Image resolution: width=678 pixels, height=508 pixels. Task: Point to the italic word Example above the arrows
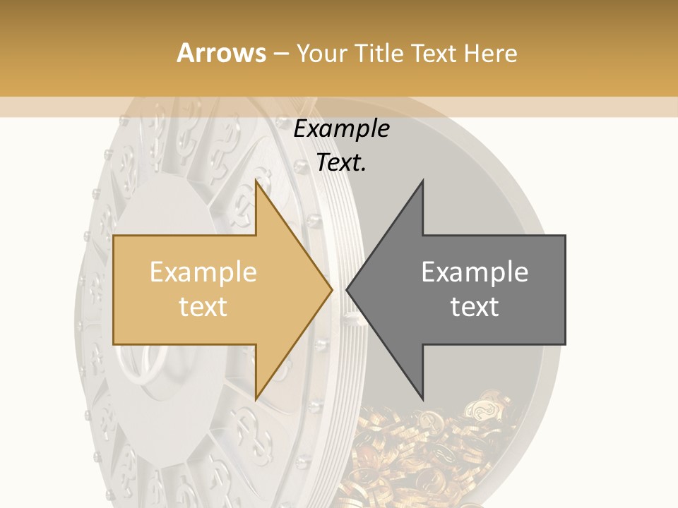pyautogui.click(x=341, y=130)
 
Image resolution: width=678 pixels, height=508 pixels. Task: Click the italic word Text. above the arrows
pyautogui.click(x=341, y=163)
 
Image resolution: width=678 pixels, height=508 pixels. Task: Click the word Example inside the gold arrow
pyautogui.click(x=203, y=272)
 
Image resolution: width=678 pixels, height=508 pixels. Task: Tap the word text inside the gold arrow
pyautogui.click(x=203, y=307)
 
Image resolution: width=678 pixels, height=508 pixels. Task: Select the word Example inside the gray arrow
pyautogui.click(x=475, y=272)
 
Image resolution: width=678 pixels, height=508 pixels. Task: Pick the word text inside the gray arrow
pyautogui.click(x=475, y=307)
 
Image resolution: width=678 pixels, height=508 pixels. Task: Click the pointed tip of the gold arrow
pyautogui.click(x=331, y=289)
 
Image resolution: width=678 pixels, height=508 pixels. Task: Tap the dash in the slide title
pyautogui.click(x=280, y=54)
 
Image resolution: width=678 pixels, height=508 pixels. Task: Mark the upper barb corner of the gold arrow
pyautogui.click(x=256, y=181)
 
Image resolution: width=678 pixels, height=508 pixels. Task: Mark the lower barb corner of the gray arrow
pyautogui.click(x=422, y=399)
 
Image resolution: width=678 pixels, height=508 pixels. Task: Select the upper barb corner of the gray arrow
pyautogui.click(x=422, y=181)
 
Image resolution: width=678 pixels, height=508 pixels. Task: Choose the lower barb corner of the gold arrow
pyautogui.click(x=256, y=399)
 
